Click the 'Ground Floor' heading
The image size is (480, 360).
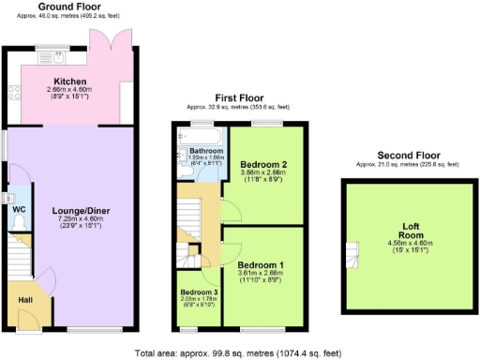click(70, 7)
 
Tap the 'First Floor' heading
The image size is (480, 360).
click(240, 97)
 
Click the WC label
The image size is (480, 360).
click(18, 209)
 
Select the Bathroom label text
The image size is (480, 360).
click(205, 150)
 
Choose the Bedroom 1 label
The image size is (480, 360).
click(262, 263)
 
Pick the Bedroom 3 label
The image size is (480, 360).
click(198, 292)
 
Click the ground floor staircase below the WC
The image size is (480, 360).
click(18, 251)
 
